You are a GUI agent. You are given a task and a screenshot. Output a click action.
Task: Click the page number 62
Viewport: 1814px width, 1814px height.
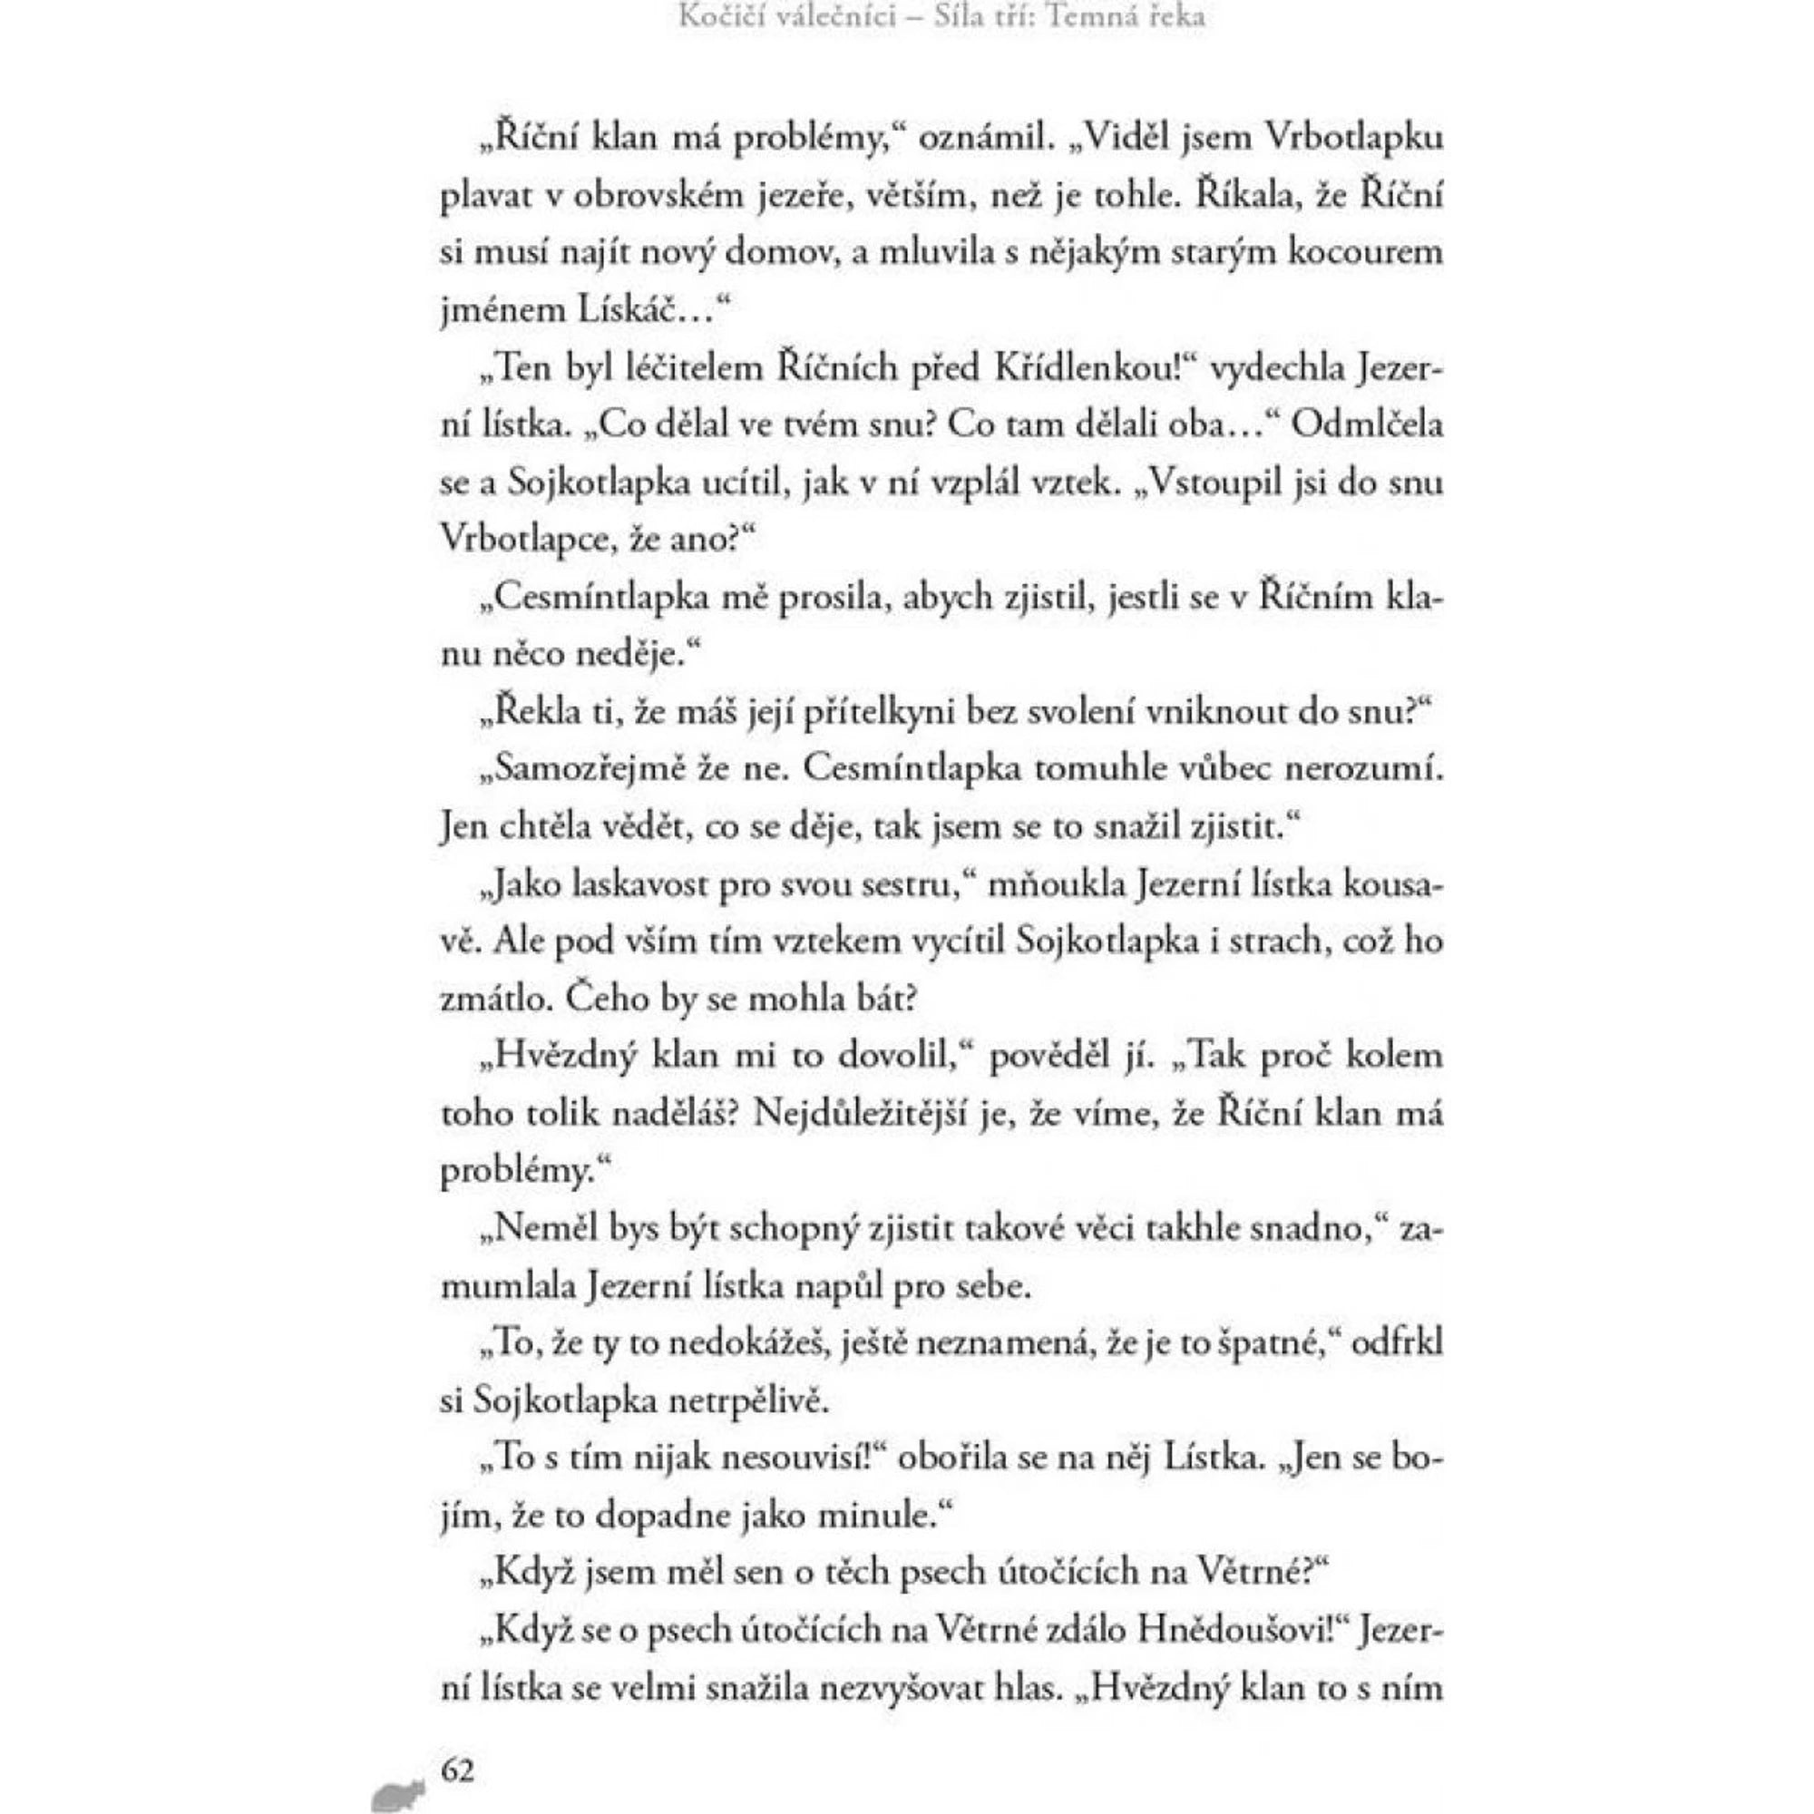(x=458, y=1744)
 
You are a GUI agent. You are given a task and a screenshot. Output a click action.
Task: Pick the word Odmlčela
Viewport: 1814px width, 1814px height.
(x=1366, y=424)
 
